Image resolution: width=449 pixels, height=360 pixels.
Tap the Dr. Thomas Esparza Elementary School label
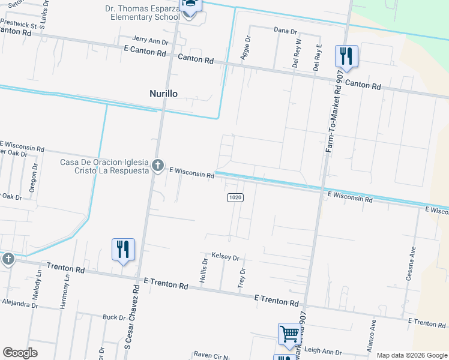[x=142, y=13]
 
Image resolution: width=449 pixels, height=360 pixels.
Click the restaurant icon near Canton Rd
[x=346, y=56]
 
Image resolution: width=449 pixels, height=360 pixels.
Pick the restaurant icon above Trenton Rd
[x=123, y=249]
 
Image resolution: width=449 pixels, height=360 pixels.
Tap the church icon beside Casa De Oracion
[x=158, y=165]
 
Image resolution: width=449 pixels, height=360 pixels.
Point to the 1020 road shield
[x=235, y=197]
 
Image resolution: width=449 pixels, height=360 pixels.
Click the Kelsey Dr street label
[x=225, y=257]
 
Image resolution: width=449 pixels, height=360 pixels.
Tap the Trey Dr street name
[x=243, y=277]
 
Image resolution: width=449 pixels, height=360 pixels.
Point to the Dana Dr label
[x=285, y=30]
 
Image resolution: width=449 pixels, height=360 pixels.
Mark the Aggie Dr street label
[x=246, y=47]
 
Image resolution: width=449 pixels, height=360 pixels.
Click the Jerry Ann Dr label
[x=151, y=41]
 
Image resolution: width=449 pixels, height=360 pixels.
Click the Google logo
[x=20, y=353]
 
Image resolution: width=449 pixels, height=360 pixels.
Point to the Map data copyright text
[x=412, y=355]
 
